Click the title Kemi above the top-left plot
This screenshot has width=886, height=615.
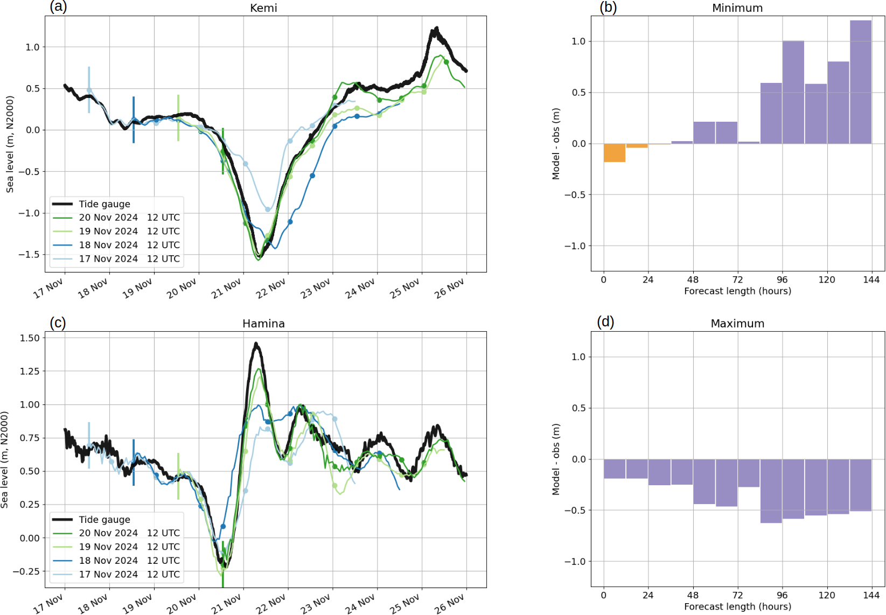[263, 8]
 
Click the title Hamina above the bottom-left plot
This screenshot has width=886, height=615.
[263, 324]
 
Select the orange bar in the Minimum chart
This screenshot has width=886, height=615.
[614, 152]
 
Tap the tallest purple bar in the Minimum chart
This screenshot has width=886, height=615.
[861, 82]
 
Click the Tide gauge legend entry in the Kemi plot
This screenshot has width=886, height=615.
[104, 204]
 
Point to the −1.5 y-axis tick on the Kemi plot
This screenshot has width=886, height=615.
[29, 254]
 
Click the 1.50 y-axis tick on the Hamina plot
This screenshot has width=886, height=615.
[30, 338]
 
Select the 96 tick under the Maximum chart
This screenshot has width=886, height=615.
[782, 595]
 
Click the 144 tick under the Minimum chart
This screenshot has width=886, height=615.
[871, 279]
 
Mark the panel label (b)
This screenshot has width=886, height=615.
[608, 7]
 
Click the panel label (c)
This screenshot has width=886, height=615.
[58, 323]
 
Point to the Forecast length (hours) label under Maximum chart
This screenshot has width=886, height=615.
[738, 606]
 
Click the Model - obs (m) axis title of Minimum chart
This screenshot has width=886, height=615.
[556, 144]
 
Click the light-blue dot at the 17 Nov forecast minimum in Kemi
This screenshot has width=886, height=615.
[268, 209]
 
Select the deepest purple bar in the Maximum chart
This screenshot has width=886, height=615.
[771, 491]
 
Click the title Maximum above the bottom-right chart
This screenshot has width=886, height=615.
[737, 324]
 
